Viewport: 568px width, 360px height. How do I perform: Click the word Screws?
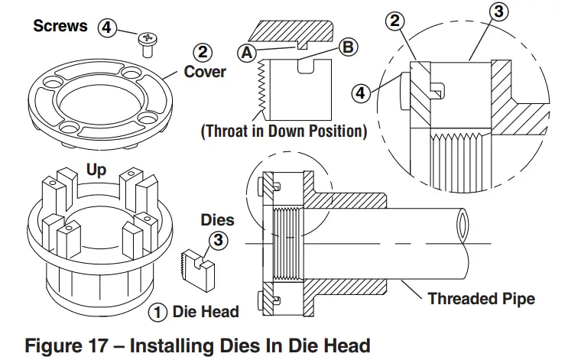60,26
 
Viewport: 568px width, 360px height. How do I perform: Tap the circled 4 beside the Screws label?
108,28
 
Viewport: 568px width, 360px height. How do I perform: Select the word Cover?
206,71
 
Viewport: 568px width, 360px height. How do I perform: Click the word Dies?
218,220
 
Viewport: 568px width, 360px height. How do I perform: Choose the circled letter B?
347,47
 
